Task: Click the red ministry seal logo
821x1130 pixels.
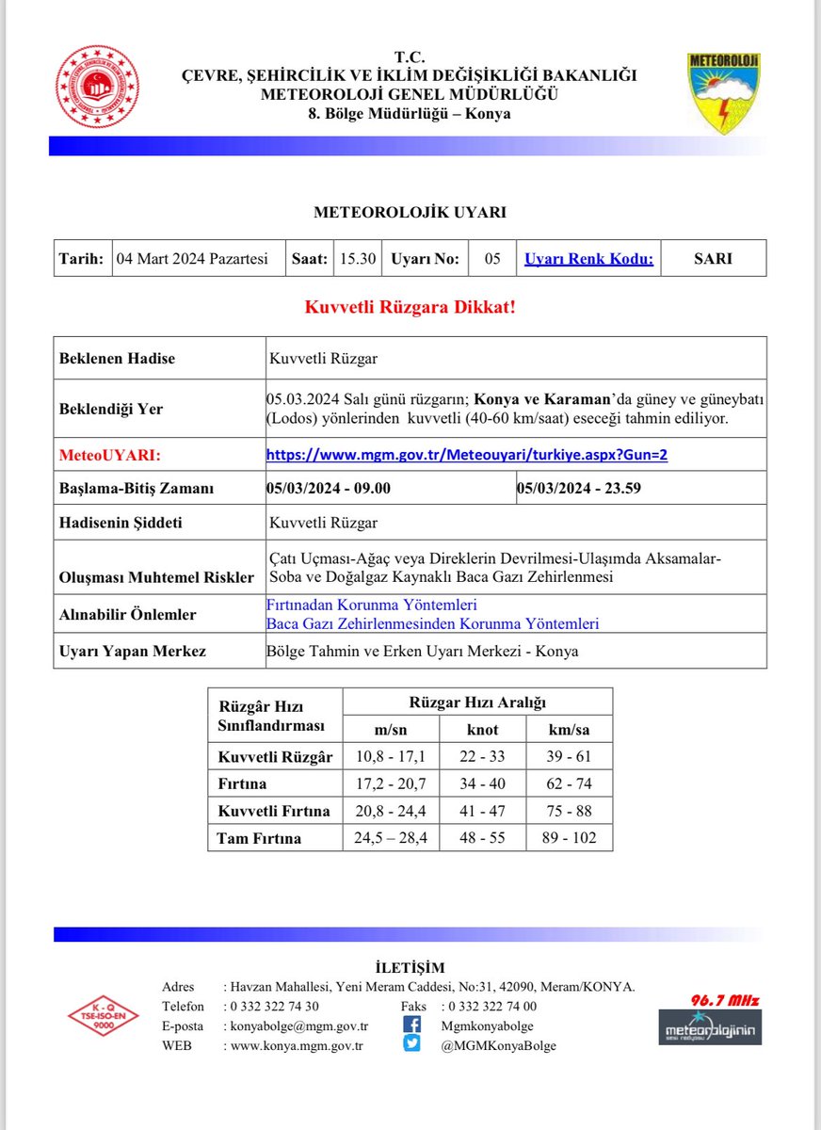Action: [x=98, y=89]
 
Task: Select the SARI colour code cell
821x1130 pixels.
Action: [x=713, y=259]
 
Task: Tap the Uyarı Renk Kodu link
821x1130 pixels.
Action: [x=588, y=259]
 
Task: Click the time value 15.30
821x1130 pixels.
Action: [x=357, y=259]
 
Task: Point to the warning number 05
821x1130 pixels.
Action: [x=492, y=259]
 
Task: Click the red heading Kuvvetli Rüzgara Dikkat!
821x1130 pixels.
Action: [x=410, y=308]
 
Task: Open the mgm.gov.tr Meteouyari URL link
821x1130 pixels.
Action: [x=467, y=455]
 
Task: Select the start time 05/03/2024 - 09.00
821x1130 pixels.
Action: [x=329, y=488]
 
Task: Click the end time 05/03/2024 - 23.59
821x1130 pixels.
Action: [x=579, y=488]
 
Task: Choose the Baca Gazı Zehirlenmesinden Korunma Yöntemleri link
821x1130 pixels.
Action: [x=432, y=623]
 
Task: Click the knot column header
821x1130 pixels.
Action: [x=483, y=730]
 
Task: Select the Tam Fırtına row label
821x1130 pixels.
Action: [x=259, y=837]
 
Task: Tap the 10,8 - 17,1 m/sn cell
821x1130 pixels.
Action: [x=390, y=756]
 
